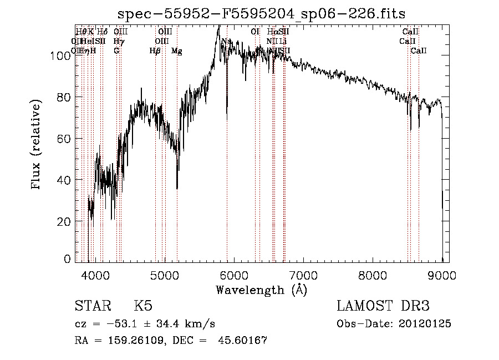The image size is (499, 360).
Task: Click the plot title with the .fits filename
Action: tap(262, 13)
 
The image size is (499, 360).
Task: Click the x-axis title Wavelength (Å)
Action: tap(261, 290)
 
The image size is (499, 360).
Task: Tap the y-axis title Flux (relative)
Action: tap(37, 145)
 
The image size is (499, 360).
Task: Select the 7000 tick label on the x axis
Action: tap(304, 274)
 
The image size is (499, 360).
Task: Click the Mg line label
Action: tap(176, 51)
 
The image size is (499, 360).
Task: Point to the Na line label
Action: tap(226, 41)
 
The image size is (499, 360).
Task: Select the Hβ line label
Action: tap(155, 51)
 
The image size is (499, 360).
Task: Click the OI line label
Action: tap(255, 32)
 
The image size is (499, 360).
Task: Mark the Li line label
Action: tap(283, 41)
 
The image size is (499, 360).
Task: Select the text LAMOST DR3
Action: tap(383, 307)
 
